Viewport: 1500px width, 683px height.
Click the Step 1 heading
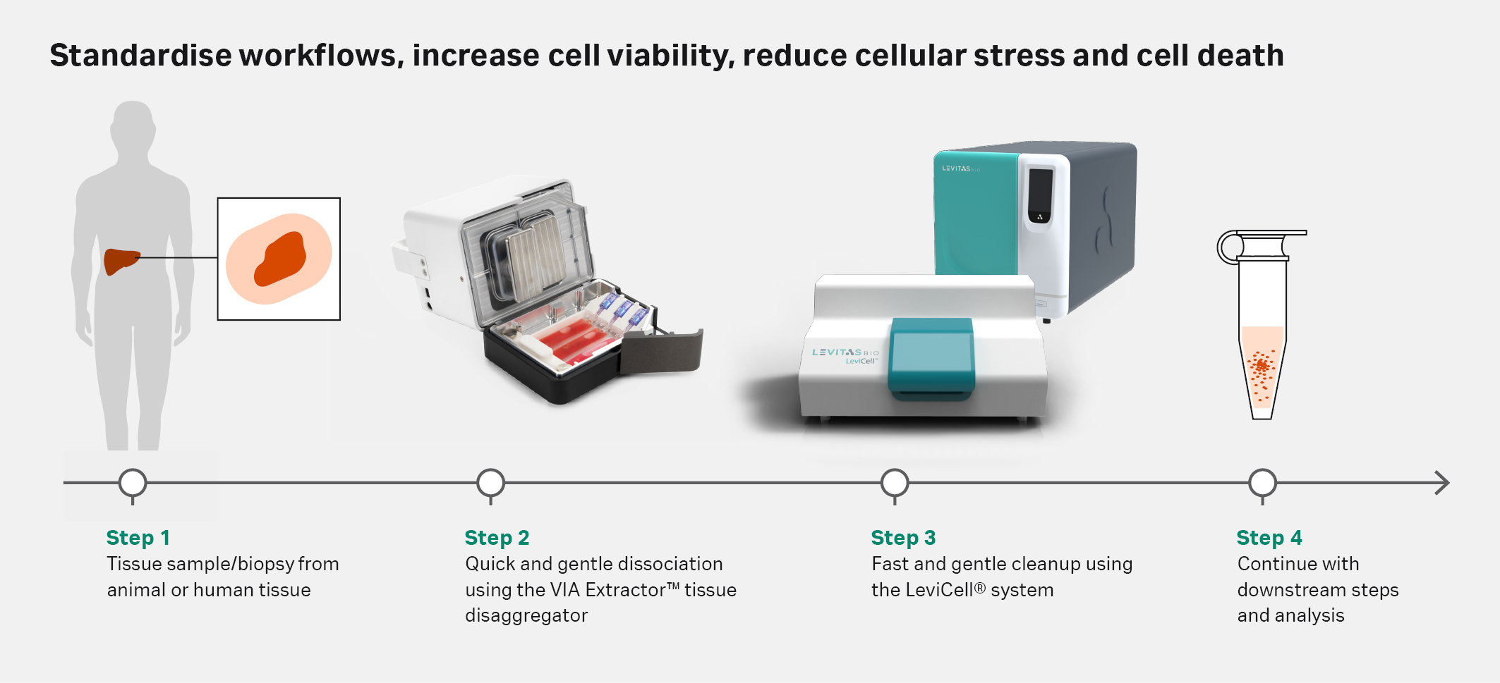point(138,538)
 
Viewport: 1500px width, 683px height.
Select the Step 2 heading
point(497,538)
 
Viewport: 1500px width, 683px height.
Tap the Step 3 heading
point(903,538)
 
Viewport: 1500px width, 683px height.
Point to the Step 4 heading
point(1269,538)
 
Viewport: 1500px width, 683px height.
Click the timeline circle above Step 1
point(133,483)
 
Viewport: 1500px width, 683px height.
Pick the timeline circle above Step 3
point(895,483)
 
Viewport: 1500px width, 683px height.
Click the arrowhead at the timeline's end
point(1442,483)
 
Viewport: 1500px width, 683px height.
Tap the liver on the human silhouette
point(120,261)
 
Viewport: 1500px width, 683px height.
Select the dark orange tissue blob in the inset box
point(281,259)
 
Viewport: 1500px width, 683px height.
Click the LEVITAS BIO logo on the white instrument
point(845,352)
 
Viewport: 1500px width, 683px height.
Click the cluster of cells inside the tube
point(1262,367)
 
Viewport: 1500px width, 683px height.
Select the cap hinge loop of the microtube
point(1229,247)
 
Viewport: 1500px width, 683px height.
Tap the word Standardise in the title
point(140,56)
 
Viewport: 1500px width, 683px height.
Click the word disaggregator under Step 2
point(526,615)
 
